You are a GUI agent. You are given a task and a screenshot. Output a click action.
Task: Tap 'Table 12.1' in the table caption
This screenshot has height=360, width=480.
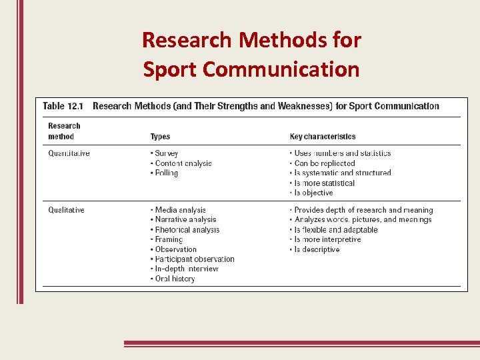63,106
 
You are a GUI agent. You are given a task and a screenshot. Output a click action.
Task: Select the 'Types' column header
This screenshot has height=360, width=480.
160,137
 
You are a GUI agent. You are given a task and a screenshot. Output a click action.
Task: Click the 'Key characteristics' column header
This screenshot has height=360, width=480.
323,137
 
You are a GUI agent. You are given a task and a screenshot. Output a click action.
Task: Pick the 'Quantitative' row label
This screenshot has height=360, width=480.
69,153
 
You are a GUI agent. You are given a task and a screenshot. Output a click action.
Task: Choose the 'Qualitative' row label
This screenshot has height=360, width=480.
66,210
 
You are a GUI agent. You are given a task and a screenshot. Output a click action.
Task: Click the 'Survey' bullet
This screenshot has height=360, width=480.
166,153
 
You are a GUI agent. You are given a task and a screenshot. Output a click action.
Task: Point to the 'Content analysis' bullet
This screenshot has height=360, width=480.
183,163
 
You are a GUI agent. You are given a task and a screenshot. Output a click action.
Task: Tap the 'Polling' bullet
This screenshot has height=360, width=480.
166,173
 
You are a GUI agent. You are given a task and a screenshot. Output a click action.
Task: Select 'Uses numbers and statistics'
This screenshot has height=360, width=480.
342,153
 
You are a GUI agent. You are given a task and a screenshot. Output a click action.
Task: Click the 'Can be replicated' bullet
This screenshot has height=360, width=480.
324,163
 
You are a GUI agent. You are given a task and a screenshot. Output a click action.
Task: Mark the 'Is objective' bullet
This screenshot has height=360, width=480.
313,193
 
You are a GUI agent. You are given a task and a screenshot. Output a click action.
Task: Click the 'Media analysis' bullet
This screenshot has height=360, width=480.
180,210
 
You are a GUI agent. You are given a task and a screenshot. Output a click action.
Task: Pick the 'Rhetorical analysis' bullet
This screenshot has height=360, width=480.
187,230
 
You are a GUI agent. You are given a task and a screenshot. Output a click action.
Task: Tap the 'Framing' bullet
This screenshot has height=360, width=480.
169,239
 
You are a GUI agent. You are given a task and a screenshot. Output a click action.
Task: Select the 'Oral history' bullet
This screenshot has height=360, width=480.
175,279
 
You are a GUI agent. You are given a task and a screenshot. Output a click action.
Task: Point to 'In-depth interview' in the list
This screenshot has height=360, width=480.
187,269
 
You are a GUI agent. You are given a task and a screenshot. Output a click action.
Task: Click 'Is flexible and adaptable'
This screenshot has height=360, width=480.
335,230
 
